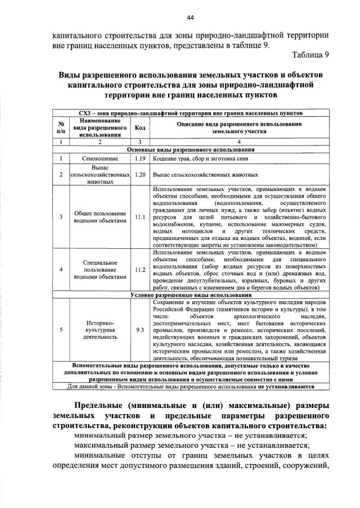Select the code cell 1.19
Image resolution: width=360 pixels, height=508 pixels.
tap(140, 159)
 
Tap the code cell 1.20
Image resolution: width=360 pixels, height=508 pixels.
tap(140, 175)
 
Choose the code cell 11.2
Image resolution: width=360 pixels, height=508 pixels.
tap(140, 269)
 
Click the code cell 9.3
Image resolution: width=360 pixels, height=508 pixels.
tap(140, 330)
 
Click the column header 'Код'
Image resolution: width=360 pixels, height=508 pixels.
tap(140, 128)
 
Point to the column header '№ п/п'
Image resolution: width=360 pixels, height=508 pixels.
tap(60, 128)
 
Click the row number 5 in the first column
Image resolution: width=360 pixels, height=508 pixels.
tap(60, 330)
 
